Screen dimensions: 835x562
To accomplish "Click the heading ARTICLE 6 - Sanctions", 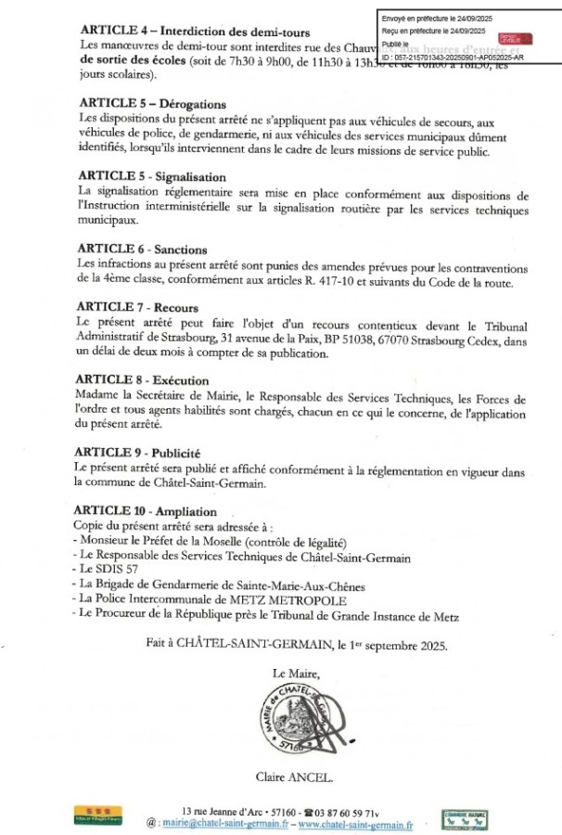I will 143,250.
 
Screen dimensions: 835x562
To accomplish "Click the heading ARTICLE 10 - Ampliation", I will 148,511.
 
